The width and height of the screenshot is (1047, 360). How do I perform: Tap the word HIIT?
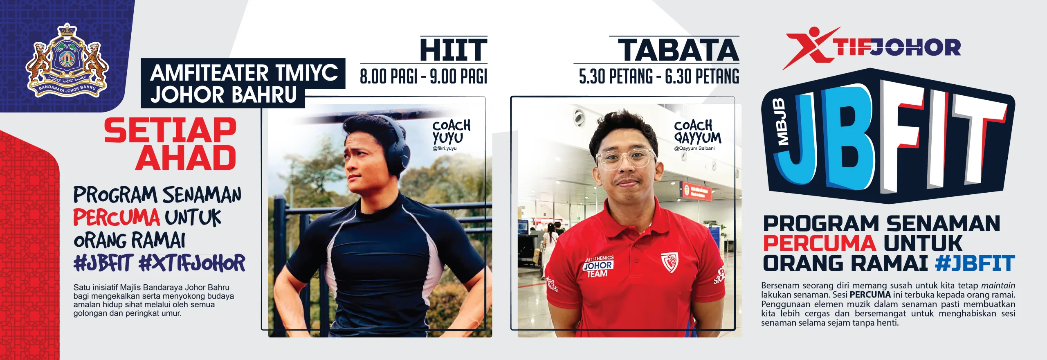click(x=454, y=50)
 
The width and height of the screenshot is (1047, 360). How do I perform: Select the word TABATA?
click(x=679, y=50)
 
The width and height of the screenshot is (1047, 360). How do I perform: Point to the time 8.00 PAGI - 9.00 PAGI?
click(x=423, y=76)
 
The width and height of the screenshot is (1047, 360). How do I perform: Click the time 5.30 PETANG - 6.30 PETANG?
click(x=659, y=76)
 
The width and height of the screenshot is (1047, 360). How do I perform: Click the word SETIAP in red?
click(x=170, y=130)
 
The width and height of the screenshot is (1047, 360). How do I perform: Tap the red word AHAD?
click(x=186, y=157)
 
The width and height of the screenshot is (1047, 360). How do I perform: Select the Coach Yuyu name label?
click(x=451, y=132)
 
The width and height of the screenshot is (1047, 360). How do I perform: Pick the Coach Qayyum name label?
click(x=697, y=132)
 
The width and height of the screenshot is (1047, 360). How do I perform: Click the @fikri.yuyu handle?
click(x=445, y=148)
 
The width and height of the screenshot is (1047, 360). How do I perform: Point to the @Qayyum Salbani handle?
click(x=694, y=148)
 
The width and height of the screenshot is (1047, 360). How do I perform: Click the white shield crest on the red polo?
click(x=670, y=262)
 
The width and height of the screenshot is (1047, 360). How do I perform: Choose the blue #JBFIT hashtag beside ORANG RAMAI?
click(x=975, y=263)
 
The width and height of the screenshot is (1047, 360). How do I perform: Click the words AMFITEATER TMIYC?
click(x=244, y=73)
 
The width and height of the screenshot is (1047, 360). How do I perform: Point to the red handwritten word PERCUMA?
click(x=117, y=217)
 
